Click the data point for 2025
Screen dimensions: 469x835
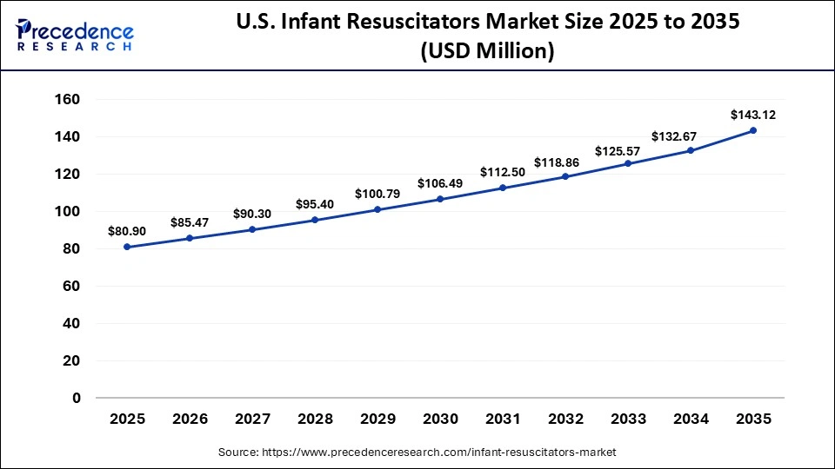click(127, 247)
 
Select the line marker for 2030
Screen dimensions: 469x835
click(440, 199)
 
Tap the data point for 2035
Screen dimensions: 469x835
click(753, 130)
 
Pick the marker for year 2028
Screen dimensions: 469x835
click(315, 220)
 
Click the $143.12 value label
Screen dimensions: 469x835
click(752, 114)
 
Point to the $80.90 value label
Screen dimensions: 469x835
click(127, 231)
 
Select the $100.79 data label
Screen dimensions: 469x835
click(377, 193)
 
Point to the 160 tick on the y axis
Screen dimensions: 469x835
click(67, 100)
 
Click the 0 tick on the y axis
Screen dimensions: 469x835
click(77, 398)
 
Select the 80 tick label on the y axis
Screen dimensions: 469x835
click(71, 249)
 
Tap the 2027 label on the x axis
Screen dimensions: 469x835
click(252, 419)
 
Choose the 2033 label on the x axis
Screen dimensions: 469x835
click(628, 419)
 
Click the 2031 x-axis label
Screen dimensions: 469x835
click(503, 419)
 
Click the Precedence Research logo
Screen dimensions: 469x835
click(75, 34)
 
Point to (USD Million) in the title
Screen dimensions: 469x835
click(487, 52)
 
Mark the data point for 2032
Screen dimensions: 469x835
click(565, 176)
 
